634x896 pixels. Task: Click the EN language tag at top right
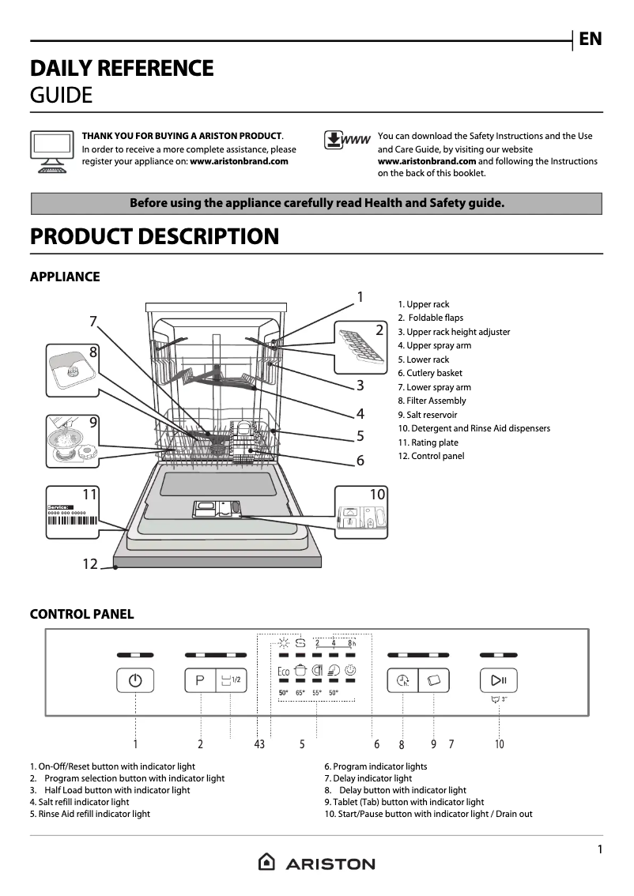(x=591, y=39)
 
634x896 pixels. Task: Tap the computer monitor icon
(x=52, y=149)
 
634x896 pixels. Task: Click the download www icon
(x=347, y=140)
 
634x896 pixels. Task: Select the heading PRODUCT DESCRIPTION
(x=154, y=236)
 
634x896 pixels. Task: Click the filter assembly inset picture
(x=74, y=370)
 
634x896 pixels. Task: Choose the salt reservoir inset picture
(x=74, y=441)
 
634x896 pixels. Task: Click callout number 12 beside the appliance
(x=90, y=564)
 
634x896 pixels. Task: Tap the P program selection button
(x=200, y=680)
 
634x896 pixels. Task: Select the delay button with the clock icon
(x=402, y=680)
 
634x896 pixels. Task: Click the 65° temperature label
(x=300, y=693)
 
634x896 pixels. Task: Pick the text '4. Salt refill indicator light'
(x=79, y=802)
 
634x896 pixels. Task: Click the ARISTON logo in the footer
(x=317, y=864)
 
